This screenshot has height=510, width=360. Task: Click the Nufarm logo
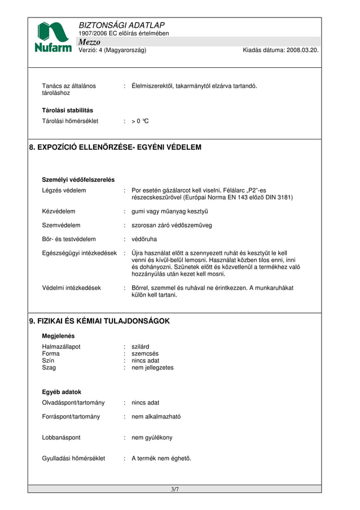53,37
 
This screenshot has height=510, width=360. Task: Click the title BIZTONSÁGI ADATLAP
122,25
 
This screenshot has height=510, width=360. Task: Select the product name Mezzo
90,42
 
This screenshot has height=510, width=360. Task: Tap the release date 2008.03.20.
303,50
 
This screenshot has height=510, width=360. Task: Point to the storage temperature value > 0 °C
140,121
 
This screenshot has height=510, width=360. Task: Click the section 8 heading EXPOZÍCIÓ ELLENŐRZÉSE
115,147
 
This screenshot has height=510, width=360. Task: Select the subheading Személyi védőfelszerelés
78,180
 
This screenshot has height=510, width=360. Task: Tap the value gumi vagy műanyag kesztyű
170,211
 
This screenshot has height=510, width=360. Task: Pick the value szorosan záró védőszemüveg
172,225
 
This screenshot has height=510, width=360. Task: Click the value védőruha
144,239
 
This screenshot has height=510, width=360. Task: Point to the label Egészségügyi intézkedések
80,253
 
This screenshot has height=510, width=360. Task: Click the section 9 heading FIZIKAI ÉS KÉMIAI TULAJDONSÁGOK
99,321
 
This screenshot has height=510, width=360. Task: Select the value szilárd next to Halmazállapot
141,347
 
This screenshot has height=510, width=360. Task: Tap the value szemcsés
145,354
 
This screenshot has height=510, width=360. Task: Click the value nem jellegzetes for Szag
152,368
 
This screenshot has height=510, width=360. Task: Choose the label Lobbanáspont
62,438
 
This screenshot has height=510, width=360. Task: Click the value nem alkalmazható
156,417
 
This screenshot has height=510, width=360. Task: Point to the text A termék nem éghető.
161,459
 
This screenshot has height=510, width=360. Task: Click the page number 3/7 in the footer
175,489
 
